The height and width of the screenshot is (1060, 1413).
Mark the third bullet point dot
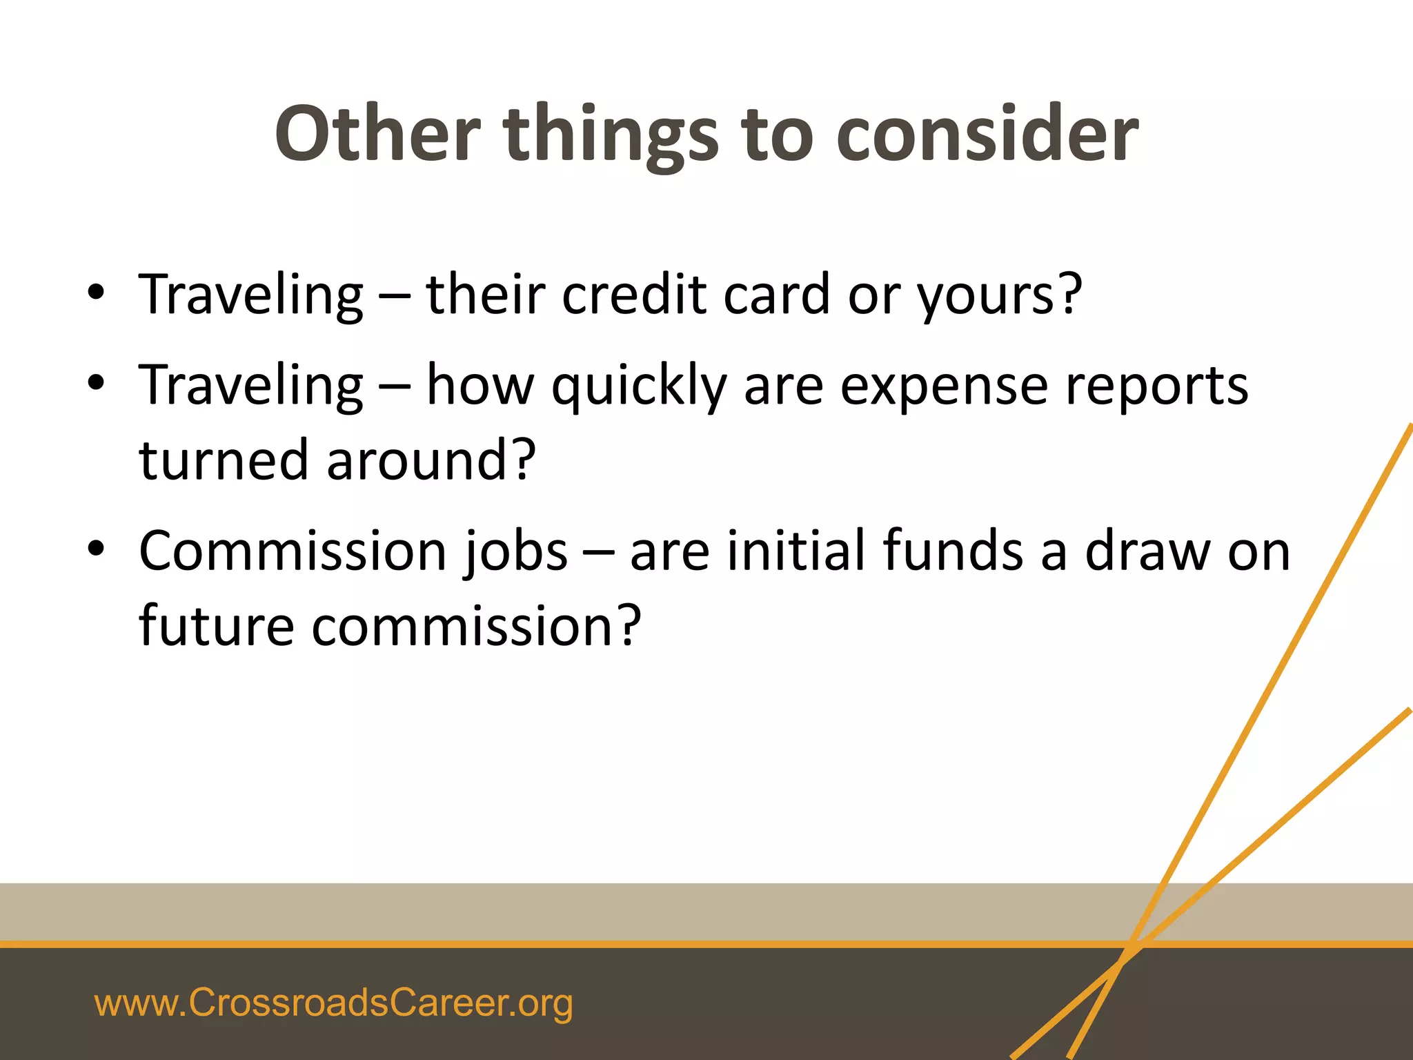click(x=96, y=548)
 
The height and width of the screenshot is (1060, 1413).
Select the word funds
click(x=953, y=551)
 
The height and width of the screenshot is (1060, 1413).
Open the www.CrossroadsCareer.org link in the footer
click(x=333, y=1003)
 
